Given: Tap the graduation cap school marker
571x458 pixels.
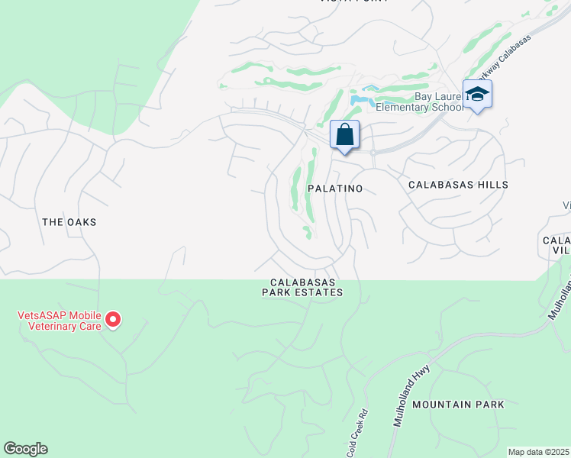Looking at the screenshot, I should pyautogui.click(x=477, y=95).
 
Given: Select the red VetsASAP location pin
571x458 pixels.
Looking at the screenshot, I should pyautogui.click(x=113, y=319).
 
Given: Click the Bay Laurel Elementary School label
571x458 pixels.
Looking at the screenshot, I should pyautogui.click(x=438, y=102).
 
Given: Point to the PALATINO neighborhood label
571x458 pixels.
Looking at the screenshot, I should pyautogui.click(x=334, y=187).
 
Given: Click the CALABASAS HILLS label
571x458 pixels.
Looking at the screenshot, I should pyautogui.click(x=458, y=185).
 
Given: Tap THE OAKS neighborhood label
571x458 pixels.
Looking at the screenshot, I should pyautogui.click(x=69, y=221).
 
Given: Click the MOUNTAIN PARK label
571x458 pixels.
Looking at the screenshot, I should pyautogui.click(x=458, y=404).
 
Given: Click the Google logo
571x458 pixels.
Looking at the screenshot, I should pyautogui.click(x=25, y=449).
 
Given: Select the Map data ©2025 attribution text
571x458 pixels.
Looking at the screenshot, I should pyautogui.click(x=538, y=452).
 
